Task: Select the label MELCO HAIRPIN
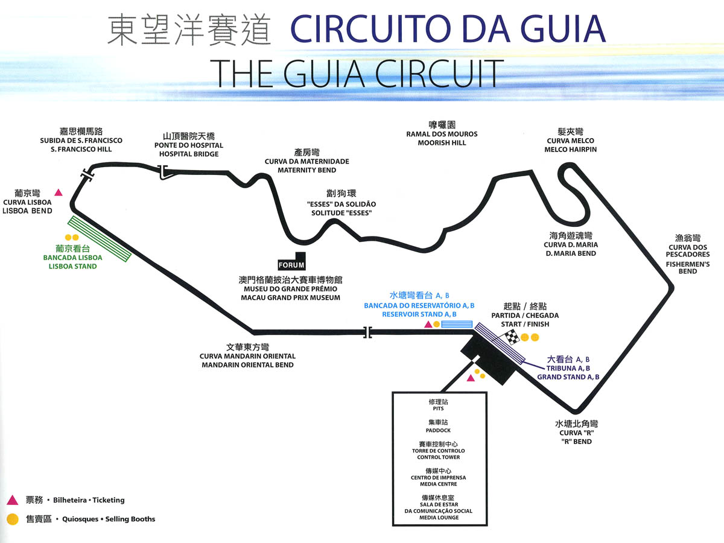pos(570,150)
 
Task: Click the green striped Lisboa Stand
pos(100,239)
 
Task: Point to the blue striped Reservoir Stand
pos(457,324)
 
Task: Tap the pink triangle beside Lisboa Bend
pos(59,192)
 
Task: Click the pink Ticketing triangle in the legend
pos(12,500)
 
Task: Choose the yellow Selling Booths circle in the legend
pos(12,518)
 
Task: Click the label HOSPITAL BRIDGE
pos(188,154)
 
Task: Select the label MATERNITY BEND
pos(306,170)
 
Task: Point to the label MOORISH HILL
pos(442,143)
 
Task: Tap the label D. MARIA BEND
pos(570,253)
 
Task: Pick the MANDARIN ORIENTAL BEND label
pos(247,365)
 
